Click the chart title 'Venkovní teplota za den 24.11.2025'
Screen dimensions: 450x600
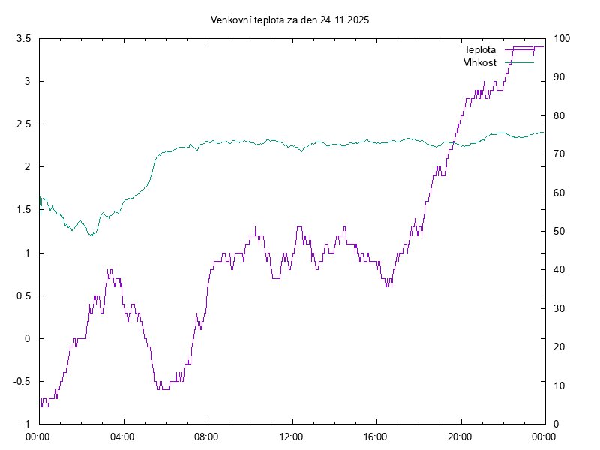[x=289, y=20]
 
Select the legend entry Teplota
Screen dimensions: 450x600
[x=480, y=50]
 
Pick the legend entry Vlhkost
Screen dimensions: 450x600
[x=480, y=63]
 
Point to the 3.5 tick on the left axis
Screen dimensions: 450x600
[x=24, y=38]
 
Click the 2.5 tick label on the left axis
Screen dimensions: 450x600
[x=24, y=124]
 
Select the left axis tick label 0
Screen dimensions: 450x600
[x=28, y=338]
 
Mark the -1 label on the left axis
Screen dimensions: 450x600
[x=26, y=424]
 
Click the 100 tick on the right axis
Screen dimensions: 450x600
[x=562, y=38]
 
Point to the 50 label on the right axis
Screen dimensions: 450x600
[x=559, y=231]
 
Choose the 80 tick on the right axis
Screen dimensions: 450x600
[x=559, y=115]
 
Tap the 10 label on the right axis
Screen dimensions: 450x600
[x=559, y=385]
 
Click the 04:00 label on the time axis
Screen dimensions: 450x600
[x=122, y=435]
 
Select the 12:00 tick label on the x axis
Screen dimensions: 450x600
[x=291, y=435]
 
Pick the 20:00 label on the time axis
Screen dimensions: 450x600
[x=460, y=435]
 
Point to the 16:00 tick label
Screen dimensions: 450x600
[x=375, y=435]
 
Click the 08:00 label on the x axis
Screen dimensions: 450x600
[x=206, y=435]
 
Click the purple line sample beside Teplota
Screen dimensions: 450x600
[x=519, y=49]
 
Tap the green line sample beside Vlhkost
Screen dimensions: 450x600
[x=519, y=63]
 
